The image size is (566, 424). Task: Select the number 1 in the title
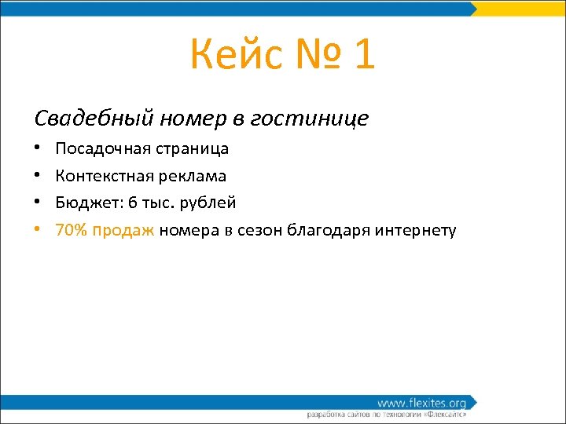[x=363, y=55]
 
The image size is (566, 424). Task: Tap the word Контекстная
[x=101, y=176]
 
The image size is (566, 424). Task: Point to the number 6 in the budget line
[x=133, y=203]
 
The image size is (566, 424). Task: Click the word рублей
[x=208, y=203]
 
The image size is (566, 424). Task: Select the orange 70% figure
[x=72, y=230]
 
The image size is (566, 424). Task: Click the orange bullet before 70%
[x=38, y=230]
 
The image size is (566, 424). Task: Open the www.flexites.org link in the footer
[x=421, y=403]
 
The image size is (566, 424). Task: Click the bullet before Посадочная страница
[x=38, y=148]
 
